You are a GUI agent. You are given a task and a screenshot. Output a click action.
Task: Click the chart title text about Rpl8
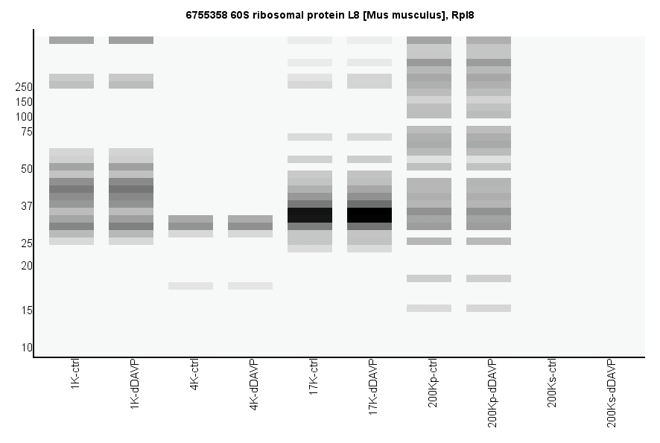click(329, 14)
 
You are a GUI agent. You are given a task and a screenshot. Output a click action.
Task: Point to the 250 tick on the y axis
click(24, 87)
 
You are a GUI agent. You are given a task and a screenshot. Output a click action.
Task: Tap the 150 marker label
click(24, 102)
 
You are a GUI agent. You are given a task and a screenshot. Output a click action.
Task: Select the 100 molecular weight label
click(24, 117)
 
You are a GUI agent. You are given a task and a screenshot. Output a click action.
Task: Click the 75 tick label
click(27, 132)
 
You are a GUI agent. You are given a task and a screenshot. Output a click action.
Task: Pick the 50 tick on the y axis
click(27, 169)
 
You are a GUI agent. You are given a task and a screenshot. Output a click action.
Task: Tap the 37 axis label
click(27, 206)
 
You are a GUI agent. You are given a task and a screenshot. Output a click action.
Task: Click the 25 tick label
click(27, 243)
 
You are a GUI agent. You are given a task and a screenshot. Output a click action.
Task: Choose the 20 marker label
click(27, 266)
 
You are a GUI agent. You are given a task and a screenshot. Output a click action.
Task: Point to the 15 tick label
click(27, 310)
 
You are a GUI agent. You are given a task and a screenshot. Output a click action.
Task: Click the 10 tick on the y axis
click(27, 348)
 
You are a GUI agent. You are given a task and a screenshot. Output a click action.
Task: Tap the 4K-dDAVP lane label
click(254, 385)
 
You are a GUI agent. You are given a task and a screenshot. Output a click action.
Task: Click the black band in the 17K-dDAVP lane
click(369, 214)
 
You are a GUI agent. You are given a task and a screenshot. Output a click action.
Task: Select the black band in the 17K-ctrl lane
click(310, 214)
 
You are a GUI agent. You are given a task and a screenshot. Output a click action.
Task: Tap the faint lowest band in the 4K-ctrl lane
click(191, 286)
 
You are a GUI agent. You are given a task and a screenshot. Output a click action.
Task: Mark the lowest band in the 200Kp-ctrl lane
click(429, 308)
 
